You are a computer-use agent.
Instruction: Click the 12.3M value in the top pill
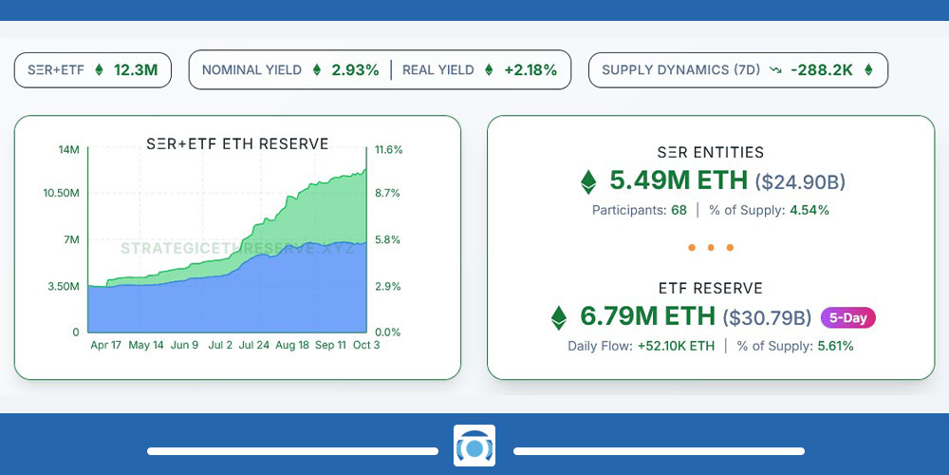(x=136, y=69)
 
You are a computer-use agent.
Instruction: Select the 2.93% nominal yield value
(x=355, y=69)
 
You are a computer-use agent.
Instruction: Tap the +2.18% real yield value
(x=530, y=69)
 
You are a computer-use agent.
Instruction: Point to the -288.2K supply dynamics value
(x=821, y=69)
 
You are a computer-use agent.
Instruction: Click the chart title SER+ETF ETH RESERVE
(x=237, y=144)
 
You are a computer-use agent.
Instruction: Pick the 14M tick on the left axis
(x=68, y=150)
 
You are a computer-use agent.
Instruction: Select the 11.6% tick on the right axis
(x=389, y=150)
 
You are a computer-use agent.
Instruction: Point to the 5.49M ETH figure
(x=679, y=180)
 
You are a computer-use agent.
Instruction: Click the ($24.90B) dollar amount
(x=800, y=181)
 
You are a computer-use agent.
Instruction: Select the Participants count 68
(x=679, y=210)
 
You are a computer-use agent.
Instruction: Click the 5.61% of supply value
(x=834, y=346)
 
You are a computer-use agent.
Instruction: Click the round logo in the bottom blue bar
(x=474, y=446)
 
